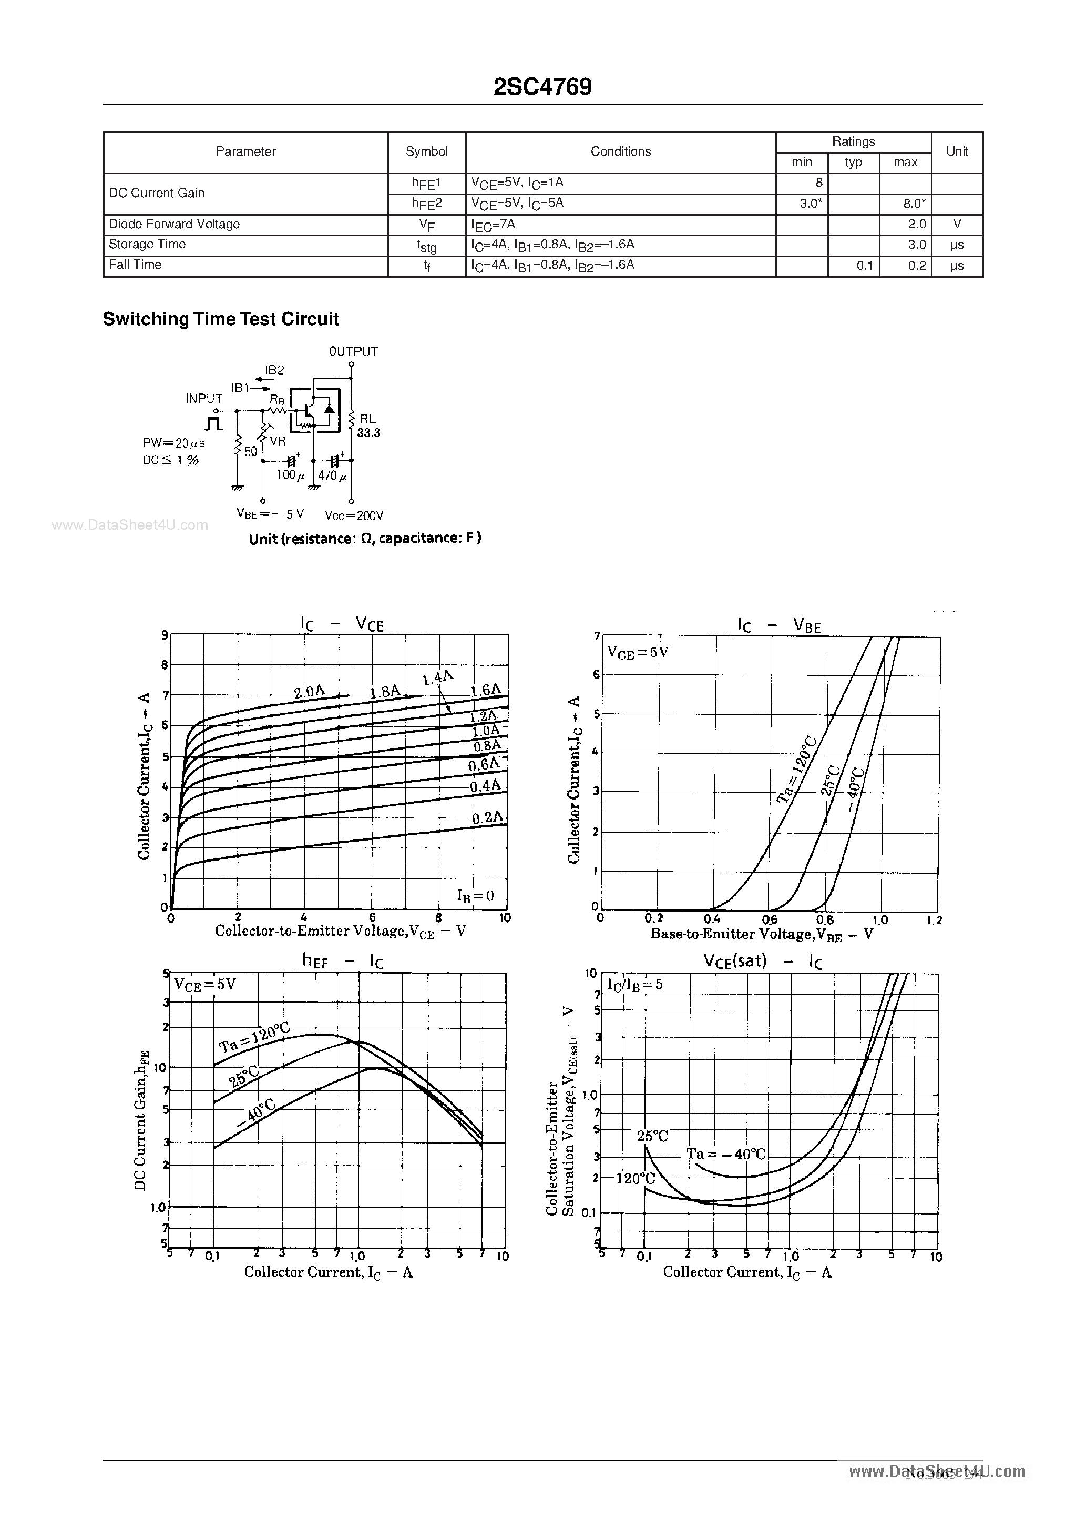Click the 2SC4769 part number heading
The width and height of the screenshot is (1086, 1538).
pyautogui.click(x=542, y=87)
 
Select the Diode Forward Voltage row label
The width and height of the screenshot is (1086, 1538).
pyautogui.click(x=174, y=225)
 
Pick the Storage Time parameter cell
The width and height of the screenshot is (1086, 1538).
pyautogui.click(x=147, y=245)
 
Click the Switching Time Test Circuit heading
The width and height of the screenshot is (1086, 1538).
pyautogui.click(x=221, y=319)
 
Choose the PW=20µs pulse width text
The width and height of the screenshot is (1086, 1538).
pyautogui.click(x=173, y=443)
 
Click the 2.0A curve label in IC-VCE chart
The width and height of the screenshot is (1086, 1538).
pyautogui.click(x=309, y=692)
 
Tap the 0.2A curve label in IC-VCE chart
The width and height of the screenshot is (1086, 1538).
pyautogui.click(x=487, y=818)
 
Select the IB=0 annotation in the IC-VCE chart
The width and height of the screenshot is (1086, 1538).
pyautogui.click(x=475, y=896)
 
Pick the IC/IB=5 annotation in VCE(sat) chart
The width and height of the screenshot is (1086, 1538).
pyautogui.click(x=635, y=985)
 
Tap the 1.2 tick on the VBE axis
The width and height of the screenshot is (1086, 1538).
pyautogui.click(x=935, y=920)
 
